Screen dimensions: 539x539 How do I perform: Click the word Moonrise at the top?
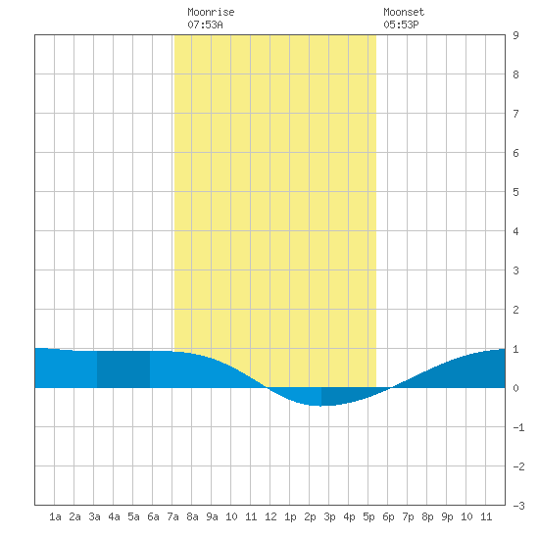pyautogui.click(x=211, y=12)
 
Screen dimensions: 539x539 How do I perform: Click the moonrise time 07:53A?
pyautogui.click(x=205, y=24)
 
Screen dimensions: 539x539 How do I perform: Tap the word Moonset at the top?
pyautogui.click(x=404, y=12)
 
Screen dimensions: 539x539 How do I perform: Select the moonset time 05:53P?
pyautogui.click(x=401, y=24)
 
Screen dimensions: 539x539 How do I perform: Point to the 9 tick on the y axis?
pyautogui.click(x=515, y=35)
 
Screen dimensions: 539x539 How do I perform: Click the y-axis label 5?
pyautogui.click(x=515, y=192)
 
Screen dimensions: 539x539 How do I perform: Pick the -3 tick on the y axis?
pyautogui.click(x=518, y=506)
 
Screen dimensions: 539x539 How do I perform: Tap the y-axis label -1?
pyautogui.click(x=518, y=427)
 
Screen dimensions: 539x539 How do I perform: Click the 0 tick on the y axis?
pyautogui.click(x=515, y=388)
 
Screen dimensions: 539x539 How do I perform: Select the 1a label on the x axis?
pyautogui.click(x=55, y=516)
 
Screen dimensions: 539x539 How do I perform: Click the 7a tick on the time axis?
pyautogui.click(x=172, y=516)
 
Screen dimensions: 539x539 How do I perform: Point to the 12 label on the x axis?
pyautogui.click(x=270, y=516)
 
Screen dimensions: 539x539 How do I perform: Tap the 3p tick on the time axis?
pyautogui.click(x=329, y=516)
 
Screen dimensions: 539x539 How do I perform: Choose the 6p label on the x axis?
pyautogui.click(x=388, y=516)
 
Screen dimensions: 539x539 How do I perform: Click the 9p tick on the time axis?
pyautogui.click(x=447, y=516)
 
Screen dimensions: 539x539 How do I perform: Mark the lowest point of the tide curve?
pyautogui.click(x=320, y=406)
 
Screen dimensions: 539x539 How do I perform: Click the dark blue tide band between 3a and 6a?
pyautogui.click(x=123, y=369)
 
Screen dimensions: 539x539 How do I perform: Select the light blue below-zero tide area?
pyautogui.click(x=303, y=395)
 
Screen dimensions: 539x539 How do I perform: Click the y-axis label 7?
pyautogui.click(x=515, y=114)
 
